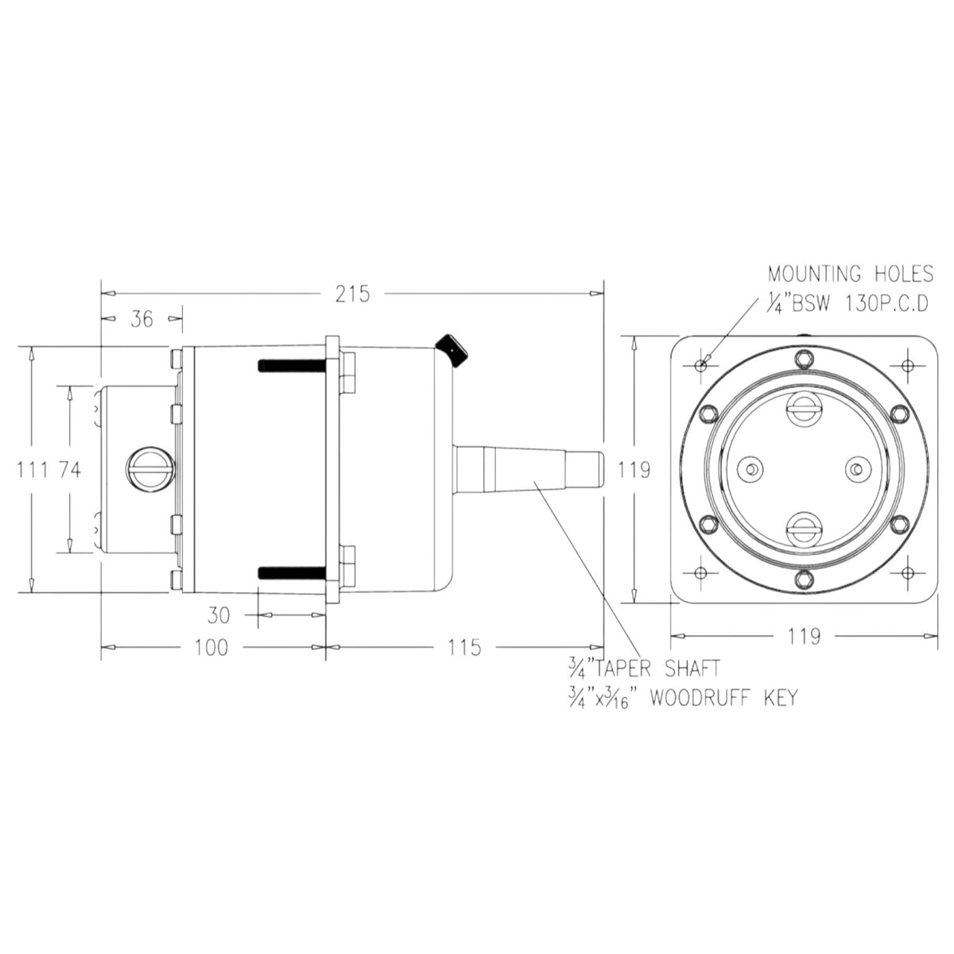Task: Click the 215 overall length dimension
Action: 352,294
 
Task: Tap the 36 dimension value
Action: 142,320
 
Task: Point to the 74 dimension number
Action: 69,469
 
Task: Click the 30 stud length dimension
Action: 219,615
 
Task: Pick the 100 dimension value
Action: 211,648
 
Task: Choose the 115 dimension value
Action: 463,648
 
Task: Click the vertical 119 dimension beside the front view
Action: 634,469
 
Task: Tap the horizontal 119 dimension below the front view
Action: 803,636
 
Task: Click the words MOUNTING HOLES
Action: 851,273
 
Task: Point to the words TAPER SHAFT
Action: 657,669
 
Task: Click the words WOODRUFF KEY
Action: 724,698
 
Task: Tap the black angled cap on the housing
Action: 452,351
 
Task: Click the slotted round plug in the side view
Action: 150,469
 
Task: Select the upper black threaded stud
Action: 292,366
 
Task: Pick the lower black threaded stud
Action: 292,572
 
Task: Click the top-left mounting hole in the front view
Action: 700,366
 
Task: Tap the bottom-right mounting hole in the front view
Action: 907,572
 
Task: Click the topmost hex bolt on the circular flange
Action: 803,358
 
